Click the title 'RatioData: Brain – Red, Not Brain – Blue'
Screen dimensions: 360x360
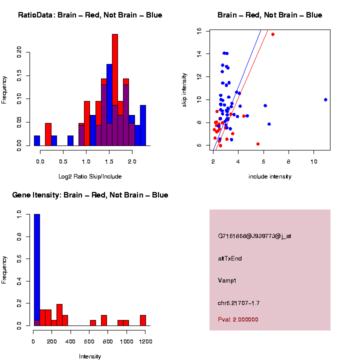(90, 15)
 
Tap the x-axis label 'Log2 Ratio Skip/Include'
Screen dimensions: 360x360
(90, 176)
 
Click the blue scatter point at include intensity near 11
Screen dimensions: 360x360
(325, 99)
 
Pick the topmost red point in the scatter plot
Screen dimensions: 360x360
(272, 34)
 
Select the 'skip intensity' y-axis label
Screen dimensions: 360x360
(184, 89)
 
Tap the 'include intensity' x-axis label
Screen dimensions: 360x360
(269, 176)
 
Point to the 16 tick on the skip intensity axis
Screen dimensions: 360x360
(199, 30)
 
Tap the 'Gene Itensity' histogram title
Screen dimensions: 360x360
(90, 195)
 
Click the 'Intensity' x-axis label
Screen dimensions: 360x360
(90, 356)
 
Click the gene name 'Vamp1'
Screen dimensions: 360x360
(227, 280)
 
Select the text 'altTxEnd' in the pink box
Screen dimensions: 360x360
(230, 258)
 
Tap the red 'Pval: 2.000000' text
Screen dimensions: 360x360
(238, 319)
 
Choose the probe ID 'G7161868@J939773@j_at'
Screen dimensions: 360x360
(254, 236)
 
